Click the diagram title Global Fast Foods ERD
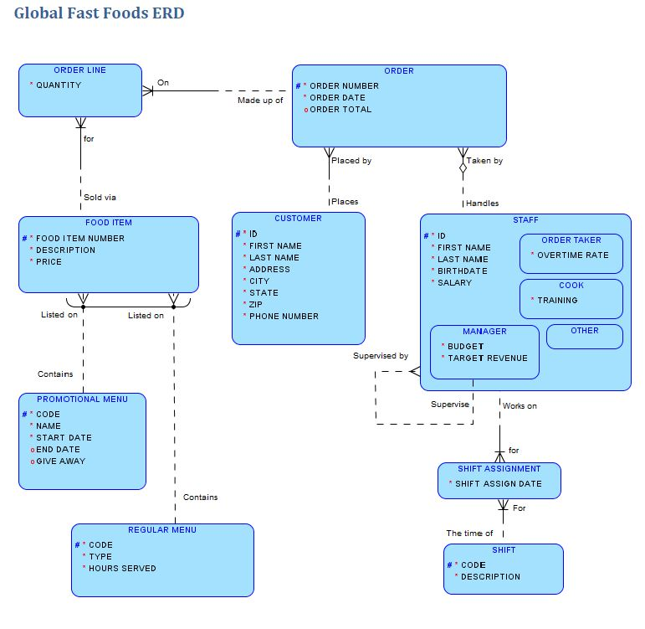coord(100,13)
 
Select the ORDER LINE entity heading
coord(80,70)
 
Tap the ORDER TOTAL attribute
coord(340,110)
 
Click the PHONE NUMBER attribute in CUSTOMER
coord(284,317)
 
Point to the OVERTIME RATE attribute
coord(573,255)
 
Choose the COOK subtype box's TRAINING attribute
coord(557,301)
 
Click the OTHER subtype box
coord(585,331)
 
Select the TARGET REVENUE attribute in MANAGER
coord(488,358)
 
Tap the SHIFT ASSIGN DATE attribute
coord(499,484)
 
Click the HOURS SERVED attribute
coord(122,569)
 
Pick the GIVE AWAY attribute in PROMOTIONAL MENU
coord(60,461)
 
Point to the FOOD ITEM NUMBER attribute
coord(80,239)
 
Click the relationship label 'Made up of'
coord(260,101)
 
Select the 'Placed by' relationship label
coord(351,161)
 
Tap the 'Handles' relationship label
coord(482,204)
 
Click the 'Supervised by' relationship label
coord(381,356)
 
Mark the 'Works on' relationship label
coord(520,406)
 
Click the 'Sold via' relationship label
coord(100,198)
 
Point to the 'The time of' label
coord(469,534)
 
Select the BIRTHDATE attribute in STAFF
coord(462,271)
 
